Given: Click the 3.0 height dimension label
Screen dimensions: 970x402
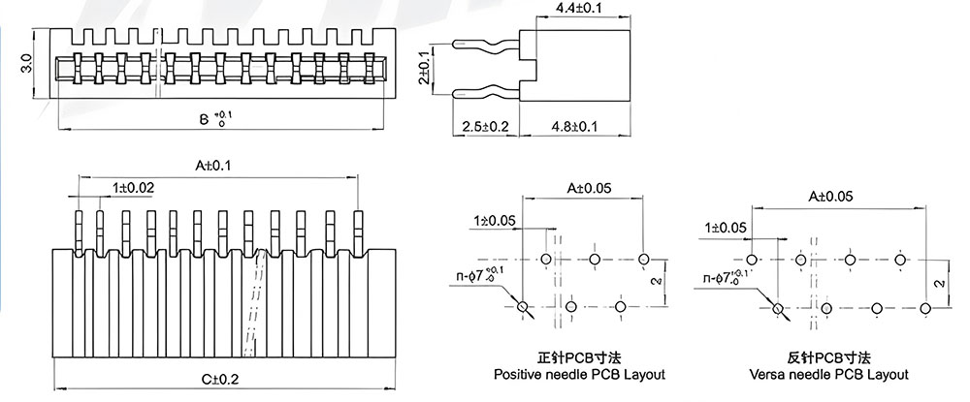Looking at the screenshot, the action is [x=26, y=63].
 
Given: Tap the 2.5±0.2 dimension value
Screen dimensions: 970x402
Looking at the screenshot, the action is [x=486, y=127].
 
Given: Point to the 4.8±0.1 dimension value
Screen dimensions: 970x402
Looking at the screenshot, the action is [x=574, y=127].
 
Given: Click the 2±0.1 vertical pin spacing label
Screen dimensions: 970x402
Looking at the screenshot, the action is [x=424, y=68].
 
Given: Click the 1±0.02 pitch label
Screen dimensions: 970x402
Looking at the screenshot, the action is [x=133, y=187].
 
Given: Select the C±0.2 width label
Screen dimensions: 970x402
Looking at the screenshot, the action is [x=220, y=379].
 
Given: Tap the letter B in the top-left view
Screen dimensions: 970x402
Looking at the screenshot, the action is [x=204, y=119].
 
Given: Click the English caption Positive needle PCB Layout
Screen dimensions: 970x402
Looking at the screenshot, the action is [x=579, y=374].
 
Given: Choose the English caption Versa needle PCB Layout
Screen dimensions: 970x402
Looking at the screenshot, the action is [x=829, y=374].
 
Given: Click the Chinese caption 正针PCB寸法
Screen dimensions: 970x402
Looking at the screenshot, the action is [x=579, y=357].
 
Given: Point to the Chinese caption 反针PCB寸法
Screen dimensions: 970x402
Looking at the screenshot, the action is [x=829, y=357].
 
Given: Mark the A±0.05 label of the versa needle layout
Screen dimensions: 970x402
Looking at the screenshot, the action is [x=830, y=197].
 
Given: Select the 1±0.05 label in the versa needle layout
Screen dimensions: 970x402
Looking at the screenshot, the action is [x=725, y=229].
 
